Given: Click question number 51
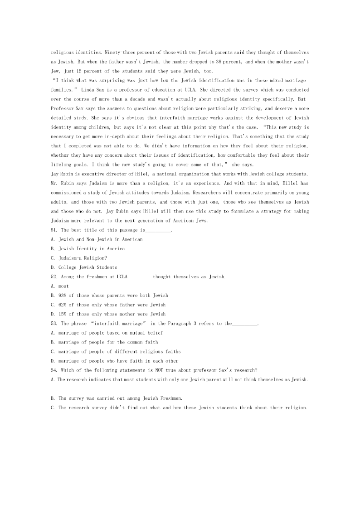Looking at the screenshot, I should [x=54, y=230].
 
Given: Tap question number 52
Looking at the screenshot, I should [x=54, y=276].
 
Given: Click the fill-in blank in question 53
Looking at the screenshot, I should [x=244, y=324].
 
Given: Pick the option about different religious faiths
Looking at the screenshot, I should [x=116, y=351].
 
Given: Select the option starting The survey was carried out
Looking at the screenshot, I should [x=117, y=398].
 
